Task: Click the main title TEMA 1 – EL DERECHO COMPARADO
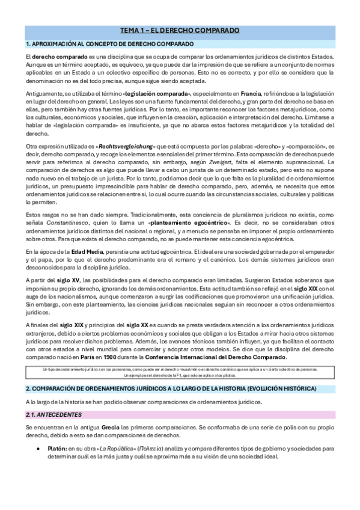pyautogui.click(x=180, y=30)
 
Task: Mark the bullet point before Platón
pyautogui.click(x=38, y=448)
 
